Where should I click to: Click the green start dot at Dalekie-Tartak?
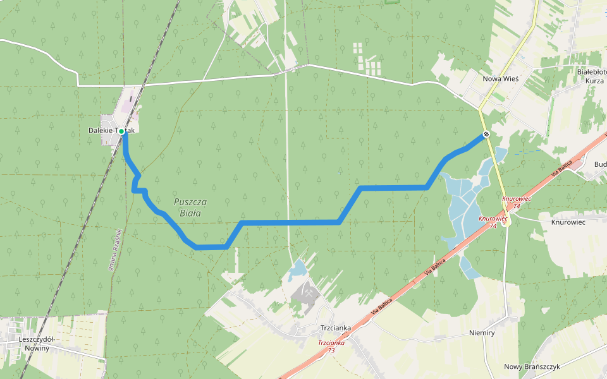(121, 131)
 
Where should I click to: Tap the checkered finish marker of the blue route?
(486, 134)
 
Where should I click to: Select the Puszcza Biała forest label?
(190, 207)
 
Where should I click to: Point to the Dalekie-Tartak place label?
(111, 130)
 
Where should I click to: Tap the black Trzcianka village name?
(335, 328)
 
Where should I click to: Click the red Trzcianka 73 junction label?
(331, 346)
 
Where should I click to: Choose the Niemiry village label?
(482, 332)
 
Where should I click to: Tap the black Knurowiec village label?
(568, 222)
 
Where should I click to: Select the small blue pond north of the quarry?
(297, 272)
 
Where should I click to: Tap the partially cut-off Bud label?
(600, 164)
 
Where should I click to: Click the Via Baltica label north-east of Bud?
(561, 167)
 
